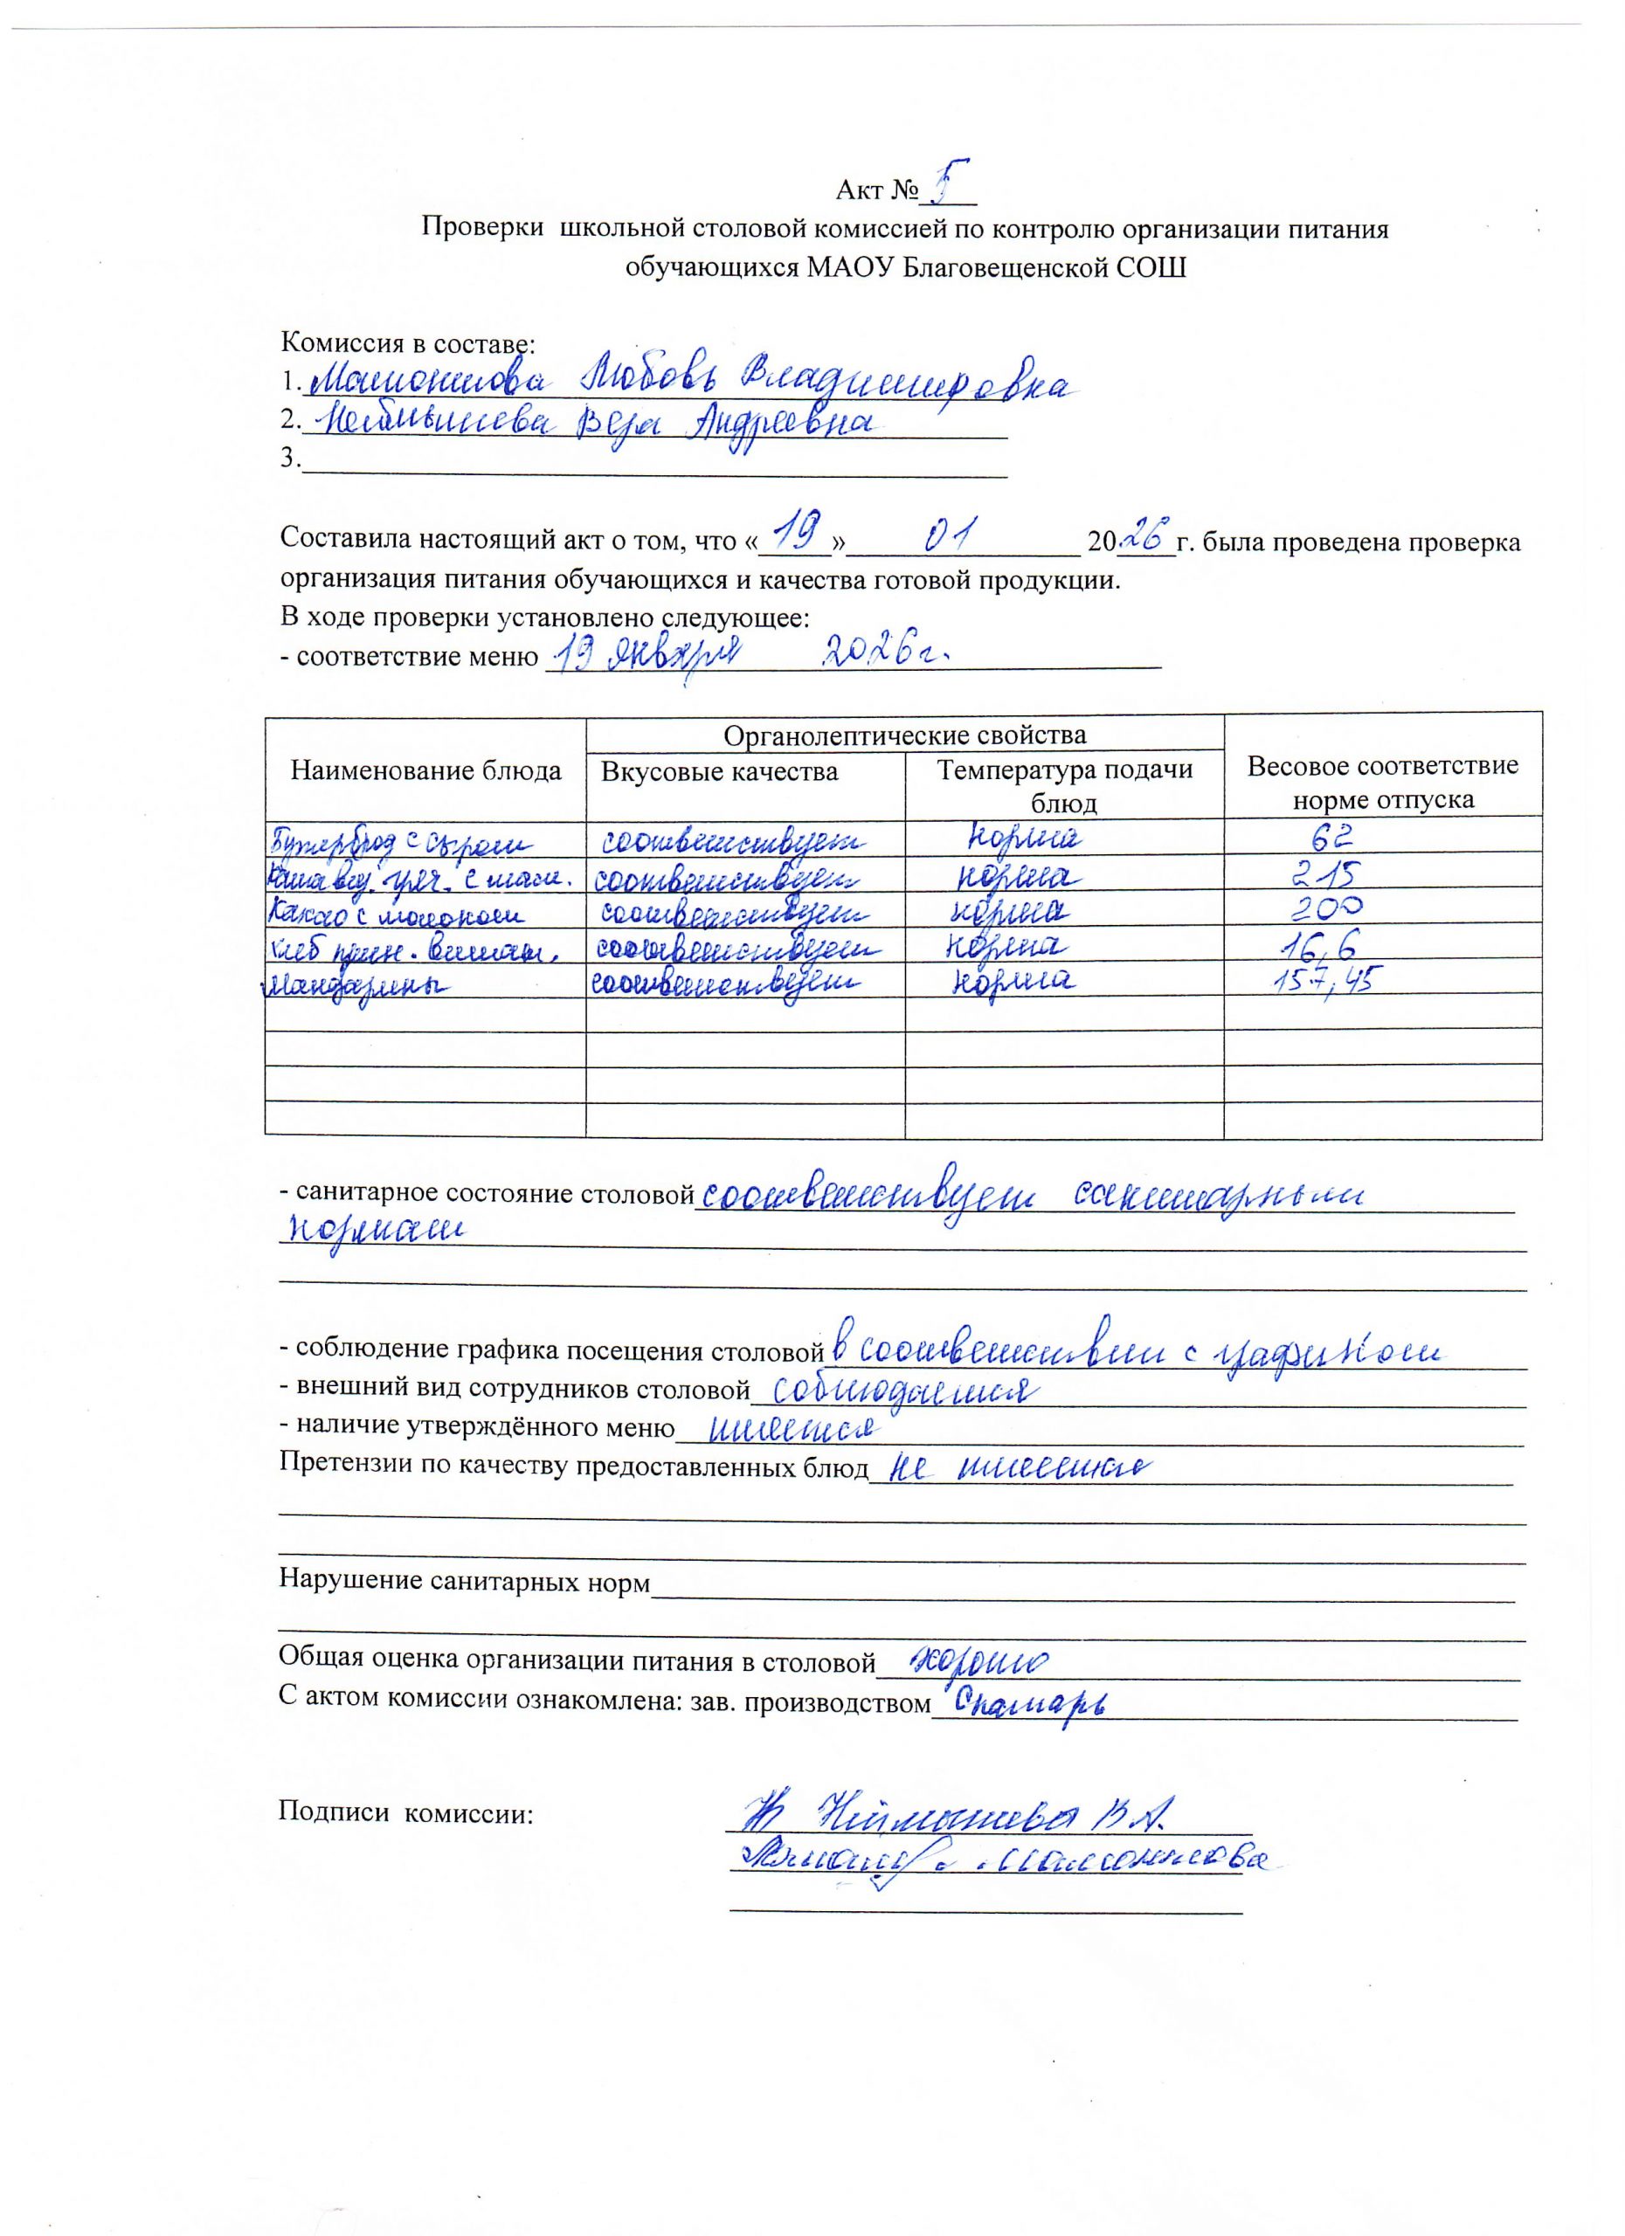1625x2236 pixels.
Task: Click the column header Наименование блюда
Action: coord(425,771)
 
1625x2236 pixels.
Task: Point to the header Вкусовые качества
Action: coord(719,771)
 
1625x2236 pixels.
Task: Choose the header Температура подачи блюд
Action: coord(1064,784)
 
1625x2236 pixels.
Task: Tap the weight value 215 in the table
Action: coord(1328,874)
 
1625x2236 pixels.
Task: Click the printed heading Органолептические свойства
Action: coord(904,735)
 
